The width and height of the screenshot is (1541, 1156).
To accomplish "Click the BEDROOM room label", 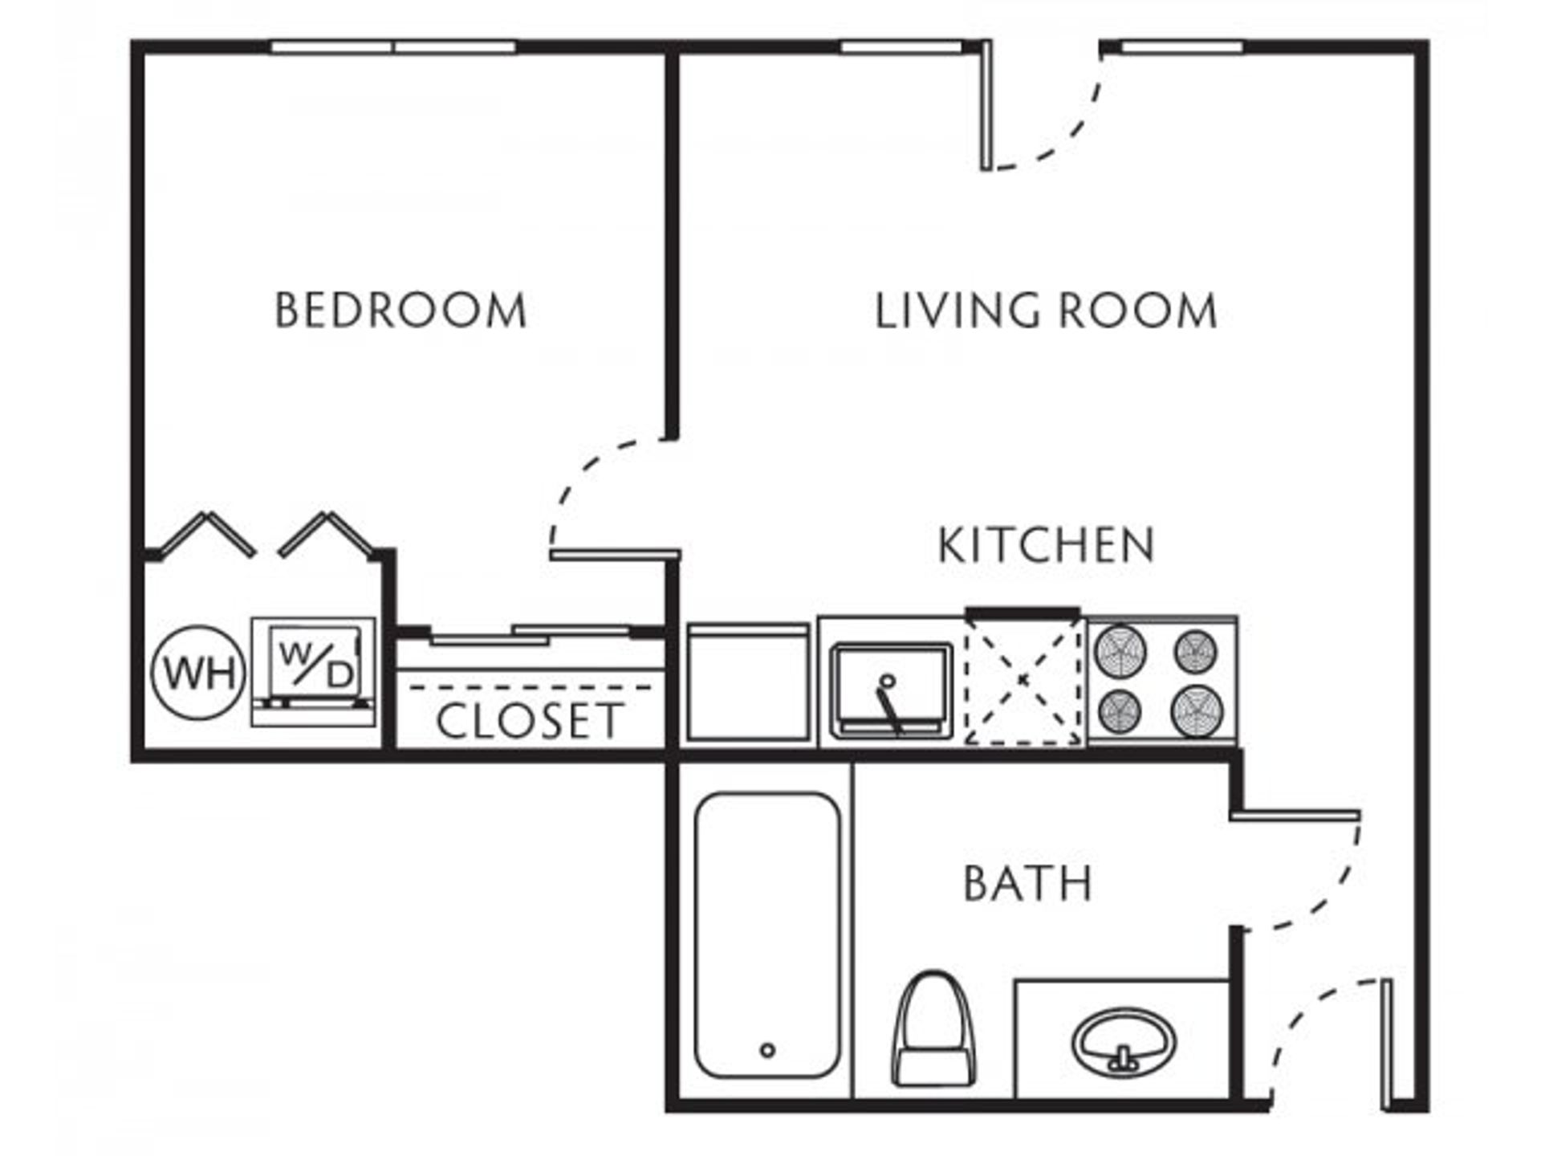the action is (x=400, y=311).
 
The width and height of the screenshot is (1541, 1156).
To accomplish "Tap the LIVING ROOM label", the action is (x=1046, y=311).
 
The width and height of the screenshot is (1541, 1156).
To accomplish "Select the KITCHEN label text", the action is (x=1047, y=545).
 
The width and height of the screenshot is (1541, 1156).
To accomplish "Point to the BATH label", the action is (x=1027, y=883).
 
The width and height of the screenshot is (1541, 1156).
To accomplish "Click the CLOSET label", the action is (x=530, y=720).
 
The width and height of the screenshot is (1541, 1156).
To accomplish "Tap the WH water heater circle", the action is (x=199, y=672).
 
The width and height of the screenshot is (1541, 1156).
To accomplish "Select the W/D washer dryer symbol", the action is (x=313, y=671).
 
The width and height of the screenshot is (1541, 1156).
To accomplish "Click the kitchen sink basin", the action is (x=891, y=689).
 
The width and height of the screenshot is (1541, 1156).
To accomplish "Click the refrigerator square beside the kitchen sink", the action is (x=747, y=682).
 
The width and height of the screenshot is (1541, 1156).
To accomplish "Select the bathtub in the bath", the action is (x=767, y=935).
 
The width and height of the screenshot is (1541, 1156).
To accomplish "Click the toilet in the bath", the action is (x=933, y=1028).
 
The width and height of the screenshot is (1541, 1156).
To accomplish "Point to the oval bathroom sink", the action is (x=1124, y=1041).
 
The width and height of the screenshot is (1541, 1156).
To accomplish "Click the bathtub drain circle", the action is (x=767, y=1050).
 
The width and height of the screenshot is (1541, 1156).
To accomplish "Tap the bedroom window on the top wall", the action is (x=393, y=47).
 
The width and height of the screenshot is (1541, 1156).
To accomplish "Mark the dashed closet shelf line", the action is (x=530, y=687).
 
